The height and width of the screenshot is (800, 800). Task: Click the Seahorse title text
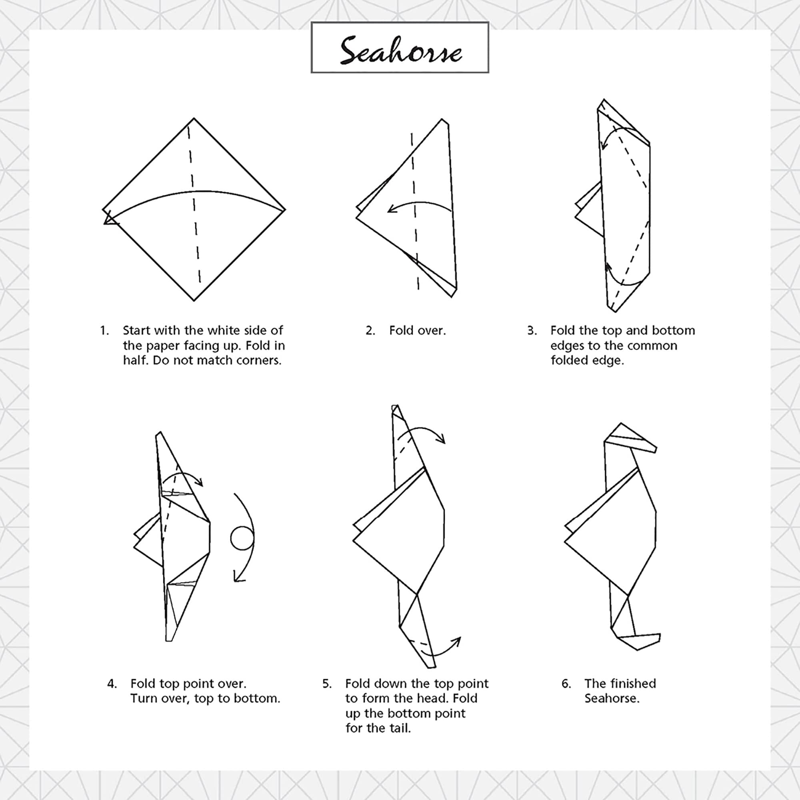coord(400,50)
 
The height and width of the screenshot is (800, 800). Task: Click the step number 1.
coord(104,330)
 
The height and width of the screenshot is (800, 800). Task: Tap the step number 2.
coord(370,330)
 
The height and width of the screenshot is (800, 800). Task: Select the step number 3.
coord(532,330)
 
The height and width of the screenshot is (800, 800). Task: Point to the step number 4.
coord(112,683)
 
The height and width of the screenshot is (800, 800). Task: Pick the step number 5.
coord(327,683)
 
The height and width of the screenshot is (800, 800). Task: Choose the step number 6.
coord(566,683)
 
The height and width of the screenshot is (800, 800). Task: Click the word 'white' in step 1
coord(227,330)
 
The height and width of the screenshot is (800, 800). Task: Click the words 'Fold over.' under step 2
coord(417,330)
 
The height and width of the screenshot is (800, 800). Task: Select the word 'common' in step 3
coord(653,346)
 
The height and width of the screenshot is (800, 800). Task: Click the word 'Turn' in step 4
coord(143,698)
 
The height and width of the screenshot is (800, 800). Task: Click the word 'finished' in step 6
coord(633,683)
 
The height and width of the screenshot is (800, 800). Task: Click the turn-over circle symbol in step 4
coord(242,538)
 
